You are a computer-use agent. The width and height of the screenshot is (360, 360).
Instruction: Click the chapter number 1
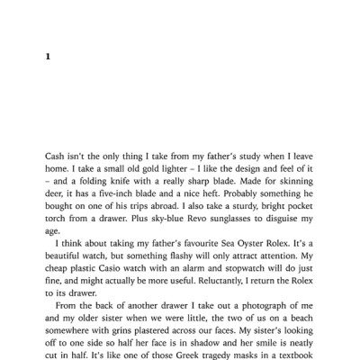coord(48,56)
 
